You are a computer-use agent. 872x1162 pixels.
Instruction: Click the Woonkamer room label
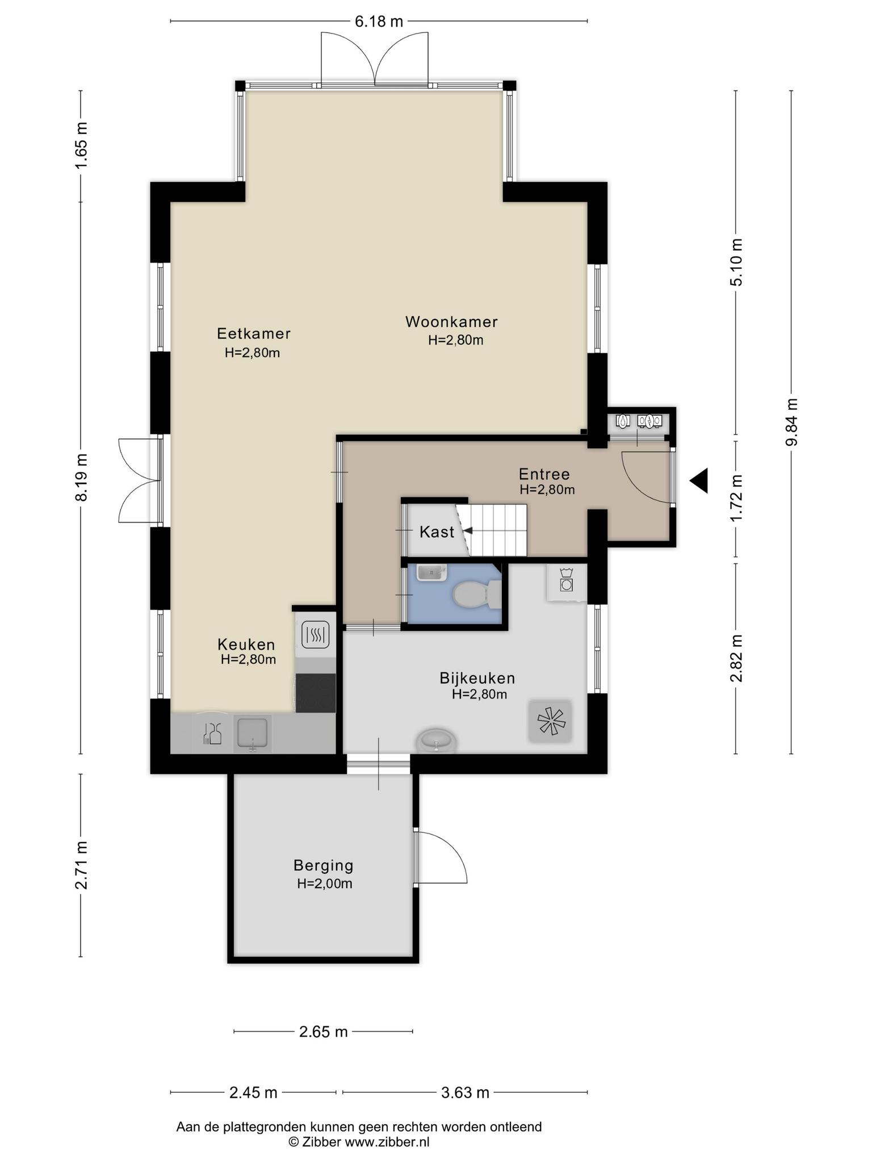(x=451, y=322)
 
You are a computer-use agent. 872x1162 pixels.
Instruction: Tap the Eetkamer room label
(x=254, y=333)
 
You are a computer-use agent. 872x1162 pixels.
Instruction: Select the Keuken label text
(x=246, y=645)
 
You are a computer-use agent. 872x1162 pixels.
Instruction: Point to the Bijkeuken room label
(x=477, y=678)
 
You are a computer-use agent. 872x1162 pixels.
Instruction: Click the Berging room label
(x=324, y=865)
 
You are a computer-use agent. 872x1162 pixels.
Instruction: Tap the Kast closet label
(x=437, y=532)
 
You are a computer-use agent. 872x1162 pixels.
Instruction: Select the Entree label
(x=544, y=474)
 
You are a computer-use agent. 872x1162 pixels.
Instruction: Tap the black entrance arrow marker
(x=699, y=481)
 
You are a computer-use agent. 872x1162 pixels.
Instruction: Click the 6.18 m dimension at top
(x=379, y=22)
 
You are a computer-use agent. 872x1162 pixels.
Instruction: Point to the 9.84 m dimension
(x=791, y=422)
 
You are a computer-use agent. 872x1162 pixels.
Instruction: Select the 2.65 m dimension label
(x=323, y=1032)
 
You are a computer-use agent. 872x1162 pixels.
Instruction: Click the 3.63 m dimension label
(x=465, y=1092)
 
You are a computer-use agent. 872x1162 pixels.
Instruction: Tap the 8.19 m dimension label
(x=81, y=477)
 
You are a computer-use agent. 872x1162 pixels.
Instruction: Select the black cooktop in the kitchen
(x=316, y=692)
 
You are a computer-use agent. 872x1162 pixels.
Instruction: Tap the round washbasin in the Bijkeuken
(x=436, y=741)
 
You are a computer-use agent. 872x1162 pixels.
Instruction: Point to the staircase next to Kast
(x=493, y=531)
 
